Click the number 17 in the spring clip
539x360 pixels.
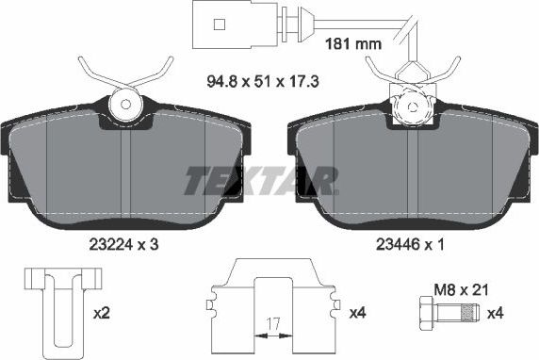(272, 324)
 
